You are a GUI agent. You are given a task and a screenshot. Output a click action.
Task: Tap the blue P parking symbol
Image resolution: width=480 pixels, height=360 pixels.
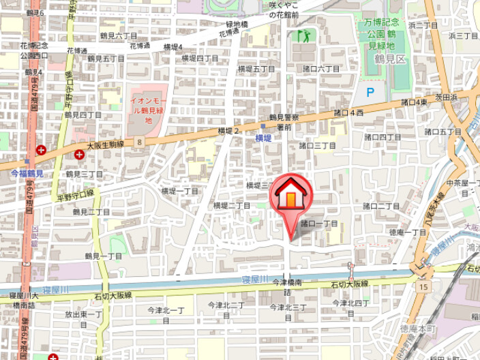pos(370,92)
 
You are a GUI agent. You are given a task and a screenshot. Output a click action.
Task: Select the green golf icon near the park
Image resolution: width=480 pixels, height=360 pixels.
pos(302,35)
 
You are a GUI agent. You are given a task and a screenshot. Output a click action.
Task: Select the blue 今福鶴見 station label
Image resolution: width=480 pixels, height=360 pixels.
pos(27,174)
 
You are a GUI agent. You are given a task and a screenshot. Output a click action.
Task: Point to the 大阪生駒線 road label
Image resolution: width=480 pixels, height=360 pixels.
pos(105,145)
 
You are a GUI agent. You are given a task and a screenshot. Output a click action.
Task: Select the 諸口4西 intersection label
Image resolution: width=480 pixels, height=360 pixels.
pos(348,112)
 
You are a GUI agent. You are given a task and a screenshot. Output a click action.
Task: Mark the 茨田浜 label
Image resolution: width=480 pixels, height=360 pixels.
pos(446,97)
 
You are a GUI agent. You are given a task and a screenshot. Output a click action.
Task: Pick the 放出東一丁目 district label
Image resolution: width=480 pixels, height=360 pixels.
pos(83,319)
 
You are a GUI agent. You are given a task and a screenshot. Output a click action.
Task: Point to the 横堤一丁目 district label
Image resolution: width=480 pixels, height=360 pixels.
pos(179,192)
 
